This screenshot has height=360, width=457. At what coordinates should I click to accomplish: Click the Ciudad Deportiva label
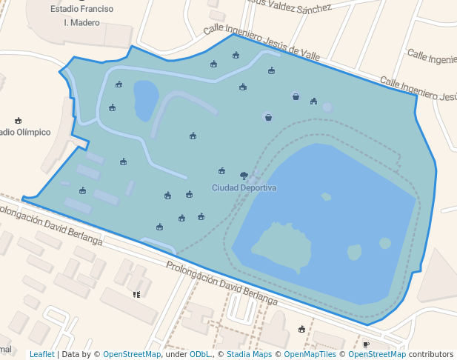(x=244, y=188)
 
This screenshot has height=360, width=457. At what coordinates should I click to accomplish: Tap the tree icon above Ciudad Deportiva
(x=244, y=176)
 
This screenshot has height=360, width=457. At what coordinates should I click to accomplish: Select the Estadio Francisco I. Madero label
(x=82, y=16)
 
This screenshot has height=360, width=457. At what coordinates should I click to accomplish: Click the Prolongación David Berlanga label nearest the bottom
(x=221, y=284)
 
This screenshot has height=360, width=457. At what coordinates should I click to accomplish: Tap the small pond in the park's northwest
(x=145, y=99)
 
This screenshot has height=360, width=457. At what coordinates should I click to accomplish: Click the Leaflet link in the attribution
(x=41, y=355)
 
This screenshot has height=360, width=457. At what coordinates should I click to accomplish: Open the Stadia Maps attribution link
(x=249, y=355)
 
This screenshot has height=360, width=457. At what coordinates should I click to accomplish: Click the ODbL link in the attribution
(x=199, y=355)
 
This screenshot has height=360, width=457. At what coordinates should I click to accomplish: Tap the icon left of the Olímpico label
(x=19, y=120)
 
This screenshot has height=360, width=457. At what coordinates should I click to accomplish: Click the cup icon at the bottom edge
(x=366, y=344)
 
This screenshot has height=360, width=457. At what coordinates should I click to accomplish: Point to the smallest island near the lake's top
(x=326, y=196)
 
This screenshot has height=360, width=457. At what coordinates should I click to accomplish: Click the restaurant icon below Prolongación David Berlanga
(x=136, y=294)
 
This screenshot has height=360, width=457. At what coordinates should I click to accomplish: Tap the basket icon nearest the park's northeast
(x=296, y=96)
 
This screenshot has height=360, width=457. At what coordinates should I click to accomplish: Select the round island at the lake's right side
(x=384, y=243)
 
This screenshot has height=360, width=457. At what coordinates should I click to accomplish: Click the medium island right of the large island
(x=354, y=252)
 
